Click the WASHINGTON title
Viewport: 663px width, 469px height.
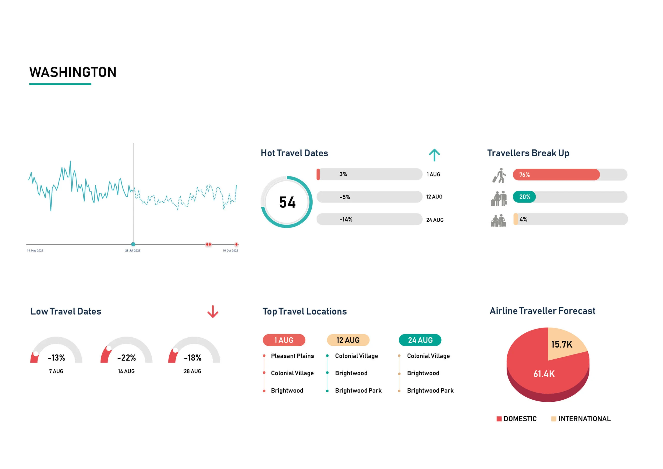[73, 72]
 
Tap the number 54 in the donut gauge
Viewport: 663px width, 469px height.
[287, 202]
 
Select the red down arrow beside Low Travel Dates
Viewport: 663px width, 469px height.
[213, 311]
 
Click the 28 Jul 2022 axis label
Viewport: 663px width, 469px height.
[133, 251]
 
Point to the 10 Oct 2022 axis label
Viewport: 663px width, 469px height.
[230, 251]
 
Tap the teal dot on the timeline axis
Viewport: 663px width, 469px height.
[133, 244]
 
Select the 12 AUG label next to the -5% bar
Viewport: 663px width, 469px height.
[434, 197]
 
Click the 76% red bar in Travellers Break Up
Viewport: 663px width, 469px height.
[556, 175]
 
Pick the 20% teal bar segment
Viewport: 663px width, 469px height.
[524, 197]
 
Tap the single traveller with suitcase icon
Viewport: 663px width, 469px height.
[499, 175]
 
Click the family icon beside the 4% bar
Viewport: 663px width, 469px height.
[498, 221]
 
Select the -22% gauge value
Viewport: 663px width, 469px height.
[126, 358]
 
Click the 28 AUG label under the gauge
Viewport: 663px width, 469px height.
[193, 371]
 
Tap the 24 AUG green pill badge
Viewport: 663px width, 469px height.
[420, 340]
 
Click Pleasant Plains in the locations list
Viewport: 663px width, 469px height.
[292, 356]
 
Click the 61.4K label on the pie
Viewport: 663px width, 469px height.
[544, 374]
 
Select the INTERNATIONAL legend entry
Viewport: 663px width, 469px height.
[584, 419]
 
